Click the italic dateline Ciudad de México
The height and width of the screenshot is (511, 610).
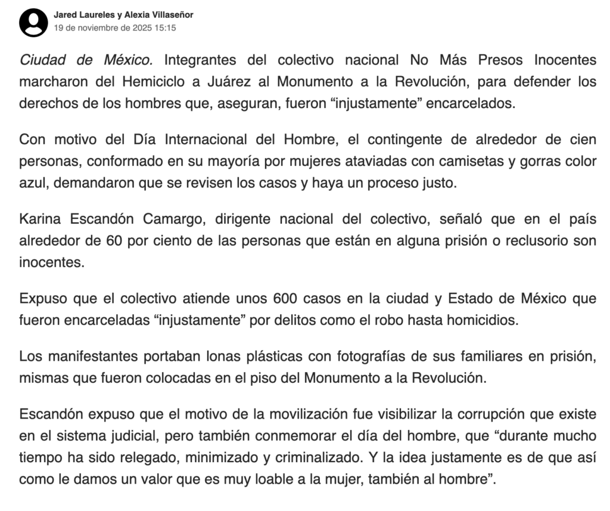[86, 60]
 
